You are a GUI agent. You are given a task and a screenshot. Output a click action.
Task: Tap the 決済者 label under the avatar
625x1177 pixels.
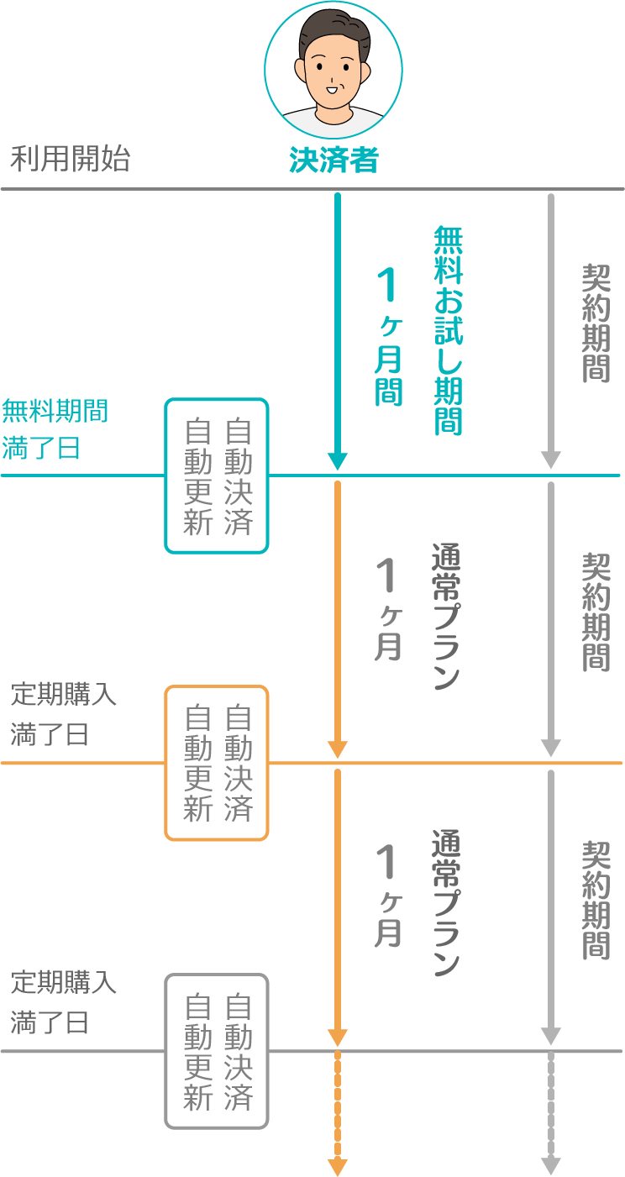tap(334, 160)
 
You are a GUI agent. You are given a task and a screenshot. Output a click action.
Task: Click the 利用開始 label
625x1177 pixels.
tap(70, 159)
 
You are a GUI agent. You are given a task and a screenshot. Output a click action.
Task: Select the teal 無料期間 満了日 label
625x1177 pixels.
tap(55, 429)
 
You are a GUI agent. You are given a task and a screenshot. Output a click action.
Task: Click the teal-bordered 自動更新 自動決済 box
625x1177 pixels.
tap(217, 476)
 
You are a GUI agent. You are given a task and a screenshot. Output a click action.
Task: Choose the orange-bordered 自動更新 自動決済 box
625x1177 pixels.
tap(217, 763)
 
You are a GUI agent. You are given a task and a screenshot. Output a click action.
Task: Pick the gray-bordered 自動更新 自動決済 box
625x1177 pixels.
tap(217, 1051)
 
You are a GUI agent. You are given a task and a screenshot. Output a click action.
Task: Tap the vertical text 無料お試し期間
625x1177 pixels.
tap(448, 329)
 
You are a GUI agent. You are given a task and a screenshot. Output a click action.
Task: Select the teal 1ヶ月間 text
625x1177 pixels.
tap(387, 336)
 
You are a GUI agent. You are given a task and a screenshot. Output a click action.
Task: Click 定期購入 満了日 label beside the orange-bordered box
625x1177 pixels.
tap(63, 715)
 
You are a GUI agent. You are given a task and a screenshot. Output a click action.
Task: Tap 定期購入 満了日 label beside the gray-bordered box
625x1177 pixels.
tap(63, 1002)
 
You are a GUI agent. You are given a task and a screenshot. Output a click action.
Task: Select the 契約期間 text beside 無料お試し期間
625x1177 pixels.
tap(596, 323)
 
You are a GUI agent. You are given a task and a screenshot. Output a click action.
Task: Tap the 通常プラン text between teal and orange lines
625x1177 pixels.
tap(445, 617)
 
